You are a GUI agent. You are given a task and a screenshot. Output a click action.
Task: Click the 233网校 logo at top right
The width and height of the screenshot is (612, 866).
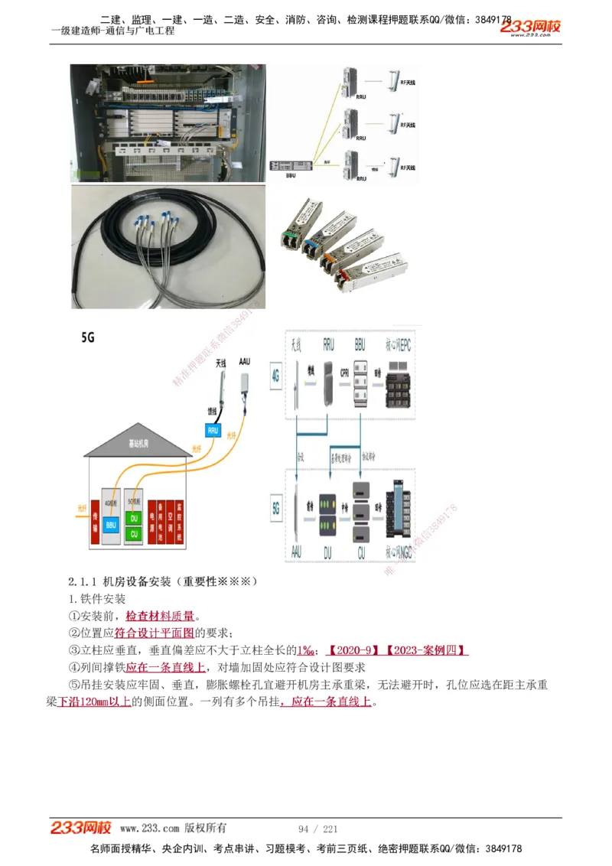(531, 28)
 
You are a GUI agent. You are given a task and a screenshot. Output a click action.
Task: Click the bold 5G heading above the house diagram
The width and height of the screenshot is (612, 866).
(89, 337)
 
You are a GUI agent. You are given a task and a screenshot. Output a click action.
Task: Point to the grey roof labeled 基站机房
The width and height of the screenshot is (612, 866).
(138, 441)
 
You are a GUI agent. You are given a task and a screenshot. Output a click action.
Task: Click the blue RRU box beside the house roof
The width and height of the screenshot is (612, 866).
(213, 430)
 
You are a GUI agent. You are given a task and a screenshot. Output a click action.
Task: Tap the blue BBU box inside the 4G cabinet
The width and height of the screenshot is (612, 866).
(112, 525)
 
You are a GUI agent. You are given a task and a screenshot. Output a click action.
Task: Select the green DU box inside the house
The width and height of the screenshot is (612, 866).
(135, 518)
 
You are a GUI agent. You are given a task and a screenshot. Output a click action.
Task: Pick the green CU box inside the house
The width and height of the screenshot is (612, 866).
(135, 533)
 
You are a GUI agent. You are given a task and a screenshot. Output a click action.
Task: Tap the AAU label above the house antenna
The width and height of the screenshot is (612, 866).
(245, 360)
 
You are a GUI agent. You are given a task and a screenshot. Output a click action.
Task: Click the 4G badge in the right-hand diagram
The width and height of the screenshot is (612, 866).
(276, 376)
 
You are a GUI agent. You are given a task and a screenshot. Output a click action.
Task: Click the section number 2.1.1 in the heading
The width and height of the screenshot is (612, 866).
(83, 581)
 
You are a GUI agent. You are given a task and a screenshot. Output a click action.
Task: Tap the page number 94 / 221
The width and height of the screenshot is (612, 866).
(317, 829)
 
